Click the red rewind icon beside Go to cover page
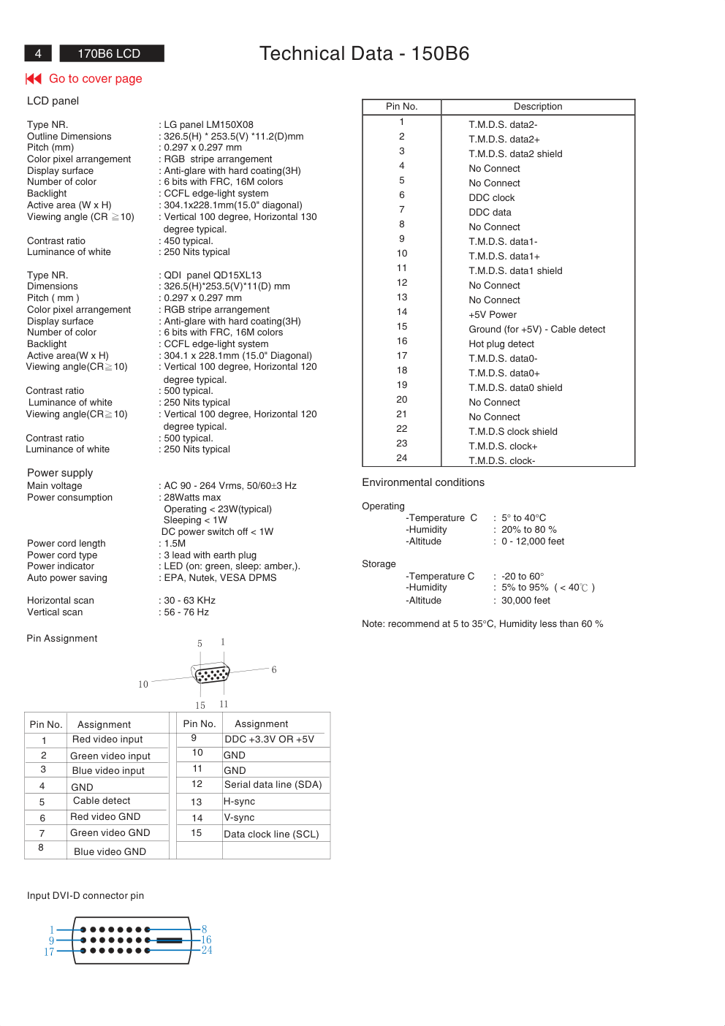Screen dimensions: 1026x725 click(x=34, y=78)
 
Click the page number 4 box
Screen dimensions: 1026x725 click(x=38, y=53)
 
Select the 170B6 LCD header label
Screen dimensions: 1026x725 click(x=109, y=53)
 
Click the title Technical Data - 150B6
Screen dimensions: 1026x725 click(x=364, y=53)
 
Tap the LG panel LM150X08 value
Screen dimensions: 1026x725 click(x=208, y=125)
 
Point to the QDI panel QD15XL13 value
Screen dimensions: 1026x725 click(x=213, y=275)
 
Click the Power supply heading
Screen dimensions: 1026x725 click(x=60, y=473)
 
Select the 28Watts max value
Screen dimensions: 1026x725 click(x=192, y=498)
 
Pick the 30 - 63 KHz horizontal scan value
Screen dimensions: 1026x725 click(x=189, y=601)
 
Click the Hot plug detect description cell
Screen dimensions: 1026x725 click(x=501, y=344)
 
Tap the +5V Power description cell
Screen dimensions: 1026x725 click(x=493, y=315)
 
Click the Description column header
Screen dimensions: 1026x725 click(x=538, y=107)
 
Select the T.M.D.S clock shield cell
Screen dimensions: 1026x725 click(x=513, y=432)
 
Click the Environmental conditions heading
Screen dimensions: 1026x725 click(x=423, y=482)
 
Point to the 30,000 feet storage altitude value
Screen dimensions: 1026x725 click(x=525, y=601)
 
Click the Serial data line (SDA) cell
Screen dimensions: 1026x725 click(x=273, y=785)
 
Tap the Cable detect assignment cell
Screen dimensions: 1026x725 click(x=102, y=801)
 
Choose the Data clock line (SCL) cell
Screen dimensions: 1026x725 click(x=271, y=835)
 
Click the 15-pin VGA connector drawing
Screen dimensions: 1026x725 click(x=212, y=673)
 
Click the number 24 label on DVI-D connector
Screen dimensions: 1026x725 click(x=207, y=950)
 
